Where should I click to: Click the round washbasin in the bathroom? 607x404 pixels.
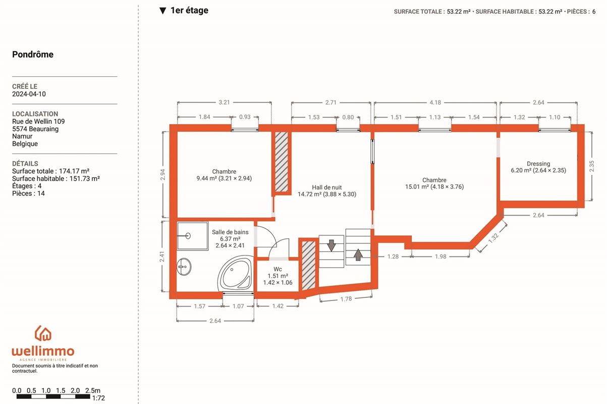point(184,267)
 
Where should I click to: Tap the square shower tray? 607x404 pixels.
point(192,236)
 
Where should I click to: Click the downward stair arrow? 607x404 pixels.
point(331,245)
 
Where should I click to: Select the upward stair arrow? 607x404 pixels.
point(358,255)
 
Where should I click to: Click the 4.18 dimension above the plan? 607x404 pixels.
point(435,103)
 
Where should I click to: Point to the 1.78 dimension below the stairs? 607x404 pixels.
point(346,299)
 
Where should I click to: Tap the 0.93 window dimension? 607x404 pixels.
point(245,117)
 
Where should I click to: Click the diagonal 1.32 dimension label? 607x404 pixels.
point(493,237)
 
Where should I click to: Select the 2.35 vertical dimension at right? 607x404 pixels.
point(591,166)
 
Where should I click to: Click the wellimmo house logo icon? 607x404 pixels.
point(43,333)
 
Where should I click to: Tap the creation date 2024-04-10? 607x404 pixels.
point(29,94)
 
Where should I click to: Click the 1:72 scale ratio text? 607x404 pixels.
point(98,398)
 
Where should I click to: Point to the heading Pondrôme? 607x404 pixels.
point(33,55)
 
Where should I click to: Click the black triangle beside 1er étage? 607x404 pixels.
point(162,11)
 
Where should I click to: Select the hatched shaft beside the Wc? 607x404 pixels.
point(308,266)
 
